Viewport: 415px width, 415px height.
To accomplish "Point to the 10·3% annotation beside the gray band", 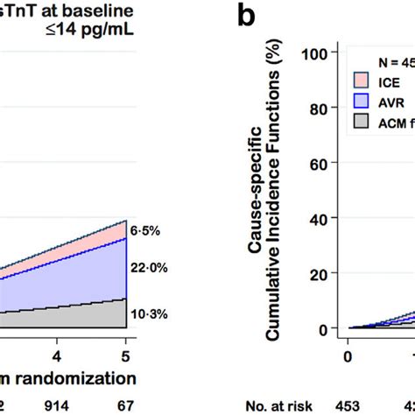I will pos(149,313).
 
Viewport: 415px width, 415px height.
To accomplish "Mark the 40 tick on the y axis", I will pos(320,218).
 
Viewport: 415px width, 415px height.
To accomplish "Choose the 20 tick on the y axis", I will pos(320,273).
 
